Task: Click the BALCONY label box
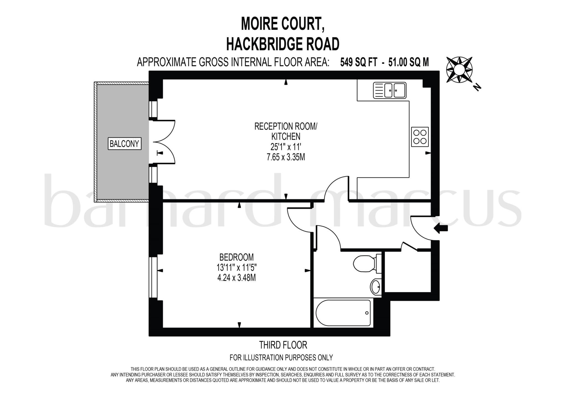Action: click(124, 144)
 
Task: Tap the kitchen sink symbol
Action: click(389, 90)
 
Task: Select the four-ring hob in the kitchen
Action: click(420, 137)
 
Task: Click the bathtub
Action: click(343, 313)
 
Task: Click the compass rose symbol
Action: click(459, 70)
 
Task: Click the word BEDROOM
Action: click(236, 257)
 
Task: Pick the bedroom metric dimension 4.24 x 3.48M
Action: click(236, 278)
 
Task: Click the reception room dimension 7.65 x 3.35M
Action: click(285, 157)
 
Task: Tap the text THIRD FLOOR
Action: click(283, 345)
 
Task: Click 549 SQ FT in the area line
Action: click(358, 62)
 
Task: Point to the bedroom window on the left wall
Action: click(153, 278)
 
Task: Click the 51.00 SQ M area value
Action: click(408, 62)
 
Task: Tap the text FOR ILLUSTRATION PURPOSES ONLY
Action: click(281, 358)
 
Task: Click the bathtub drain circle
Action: click(367, 313)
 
